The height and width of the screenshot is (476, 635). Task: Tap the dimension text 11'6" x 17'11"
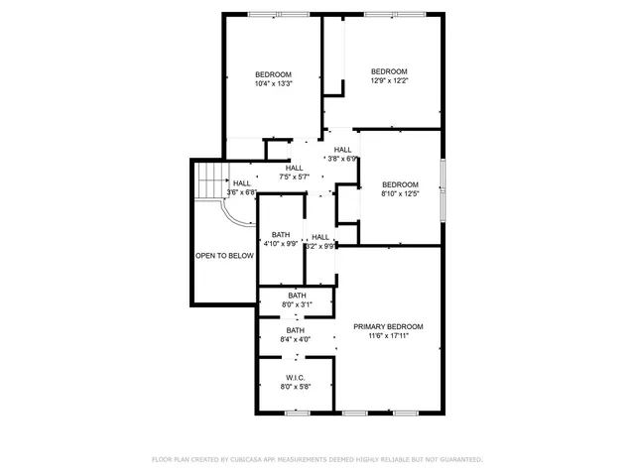coord(388,336)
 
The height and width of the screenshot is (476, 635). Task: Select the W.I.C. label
coord(296,377)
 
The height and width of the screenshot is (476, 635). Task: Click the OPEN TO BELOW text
coord(224,255)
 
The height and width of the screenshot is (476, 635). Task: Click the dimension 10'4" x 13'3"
coord(273,84)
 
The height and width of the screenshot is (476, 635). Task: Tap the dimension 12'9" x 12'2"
coord(389,80)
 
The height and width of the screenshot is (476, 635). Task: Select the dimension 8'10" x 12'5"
coord(400,193)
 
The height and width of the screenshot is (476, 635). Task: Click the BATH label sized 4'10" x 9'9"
coord(281,234)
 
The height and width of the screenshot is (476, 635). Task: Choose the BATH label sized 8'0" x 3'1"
coord(297,295)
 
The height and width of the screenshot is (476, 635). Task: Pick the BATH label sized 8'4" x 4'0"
coord(296,330)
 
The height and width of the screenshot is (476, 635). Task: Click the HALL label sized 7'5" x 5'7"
coord(295,168)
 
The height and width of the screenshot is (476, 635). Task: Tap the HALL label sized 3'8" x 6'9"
coord(342,150)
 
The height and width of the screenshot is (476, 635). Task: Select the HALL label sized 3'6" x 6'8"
coord(241,182)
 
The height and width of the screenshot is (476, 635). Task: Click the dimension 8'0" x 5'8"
coord(296,387)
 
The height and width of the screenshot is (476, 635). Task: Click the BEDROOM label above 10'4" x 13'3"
coord(273,74)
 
